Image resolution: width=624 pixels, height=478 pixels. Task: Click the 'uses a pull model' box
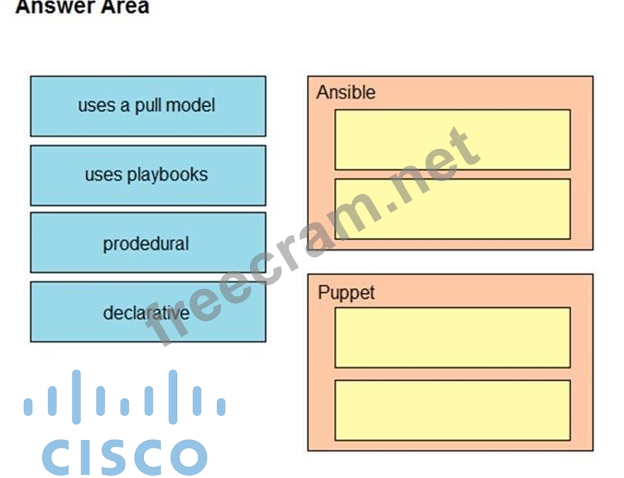pos(147,106)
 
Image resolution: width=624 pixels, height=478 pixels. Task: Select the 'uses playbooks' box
pos(147,175)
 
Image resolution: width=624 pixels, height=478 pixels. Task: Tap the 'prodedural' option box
pos(147,243)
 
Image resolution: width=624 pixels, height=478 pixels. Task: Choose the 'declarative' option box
pos(147,312)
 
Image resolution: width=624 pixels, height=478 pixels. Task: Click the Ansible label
pos(346,92)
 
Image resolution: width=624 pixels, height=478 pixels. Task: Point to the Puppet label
pos(346,292)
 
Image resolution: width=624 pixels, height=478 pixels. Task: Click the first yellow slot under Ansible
pos(452,139)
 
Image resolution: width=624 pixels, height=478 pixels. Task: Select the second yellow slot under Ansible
pos(452,209)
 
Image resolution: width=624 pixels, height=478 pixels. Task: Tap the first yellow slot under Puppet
pos(452,337)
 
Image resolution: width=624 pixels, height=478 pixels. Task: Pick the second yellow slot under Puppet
pos(452,410)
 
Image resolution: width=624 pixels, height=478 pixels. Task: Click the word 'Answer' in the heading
pos(46,7)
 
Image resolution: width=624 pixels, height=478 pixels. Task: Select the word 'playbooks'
pos(167,175)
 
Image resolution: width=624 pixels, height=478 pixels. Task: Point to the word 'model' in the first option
pos(190,105)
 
